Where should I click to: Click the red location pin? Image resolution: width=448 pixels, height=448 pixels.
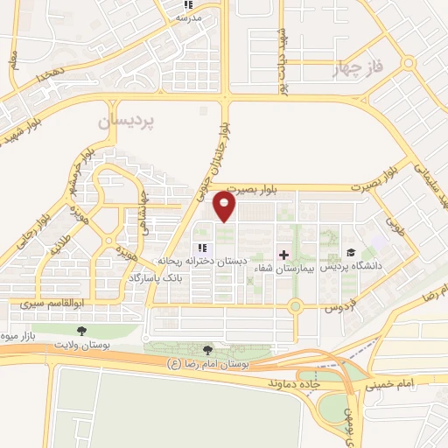coord(225,206)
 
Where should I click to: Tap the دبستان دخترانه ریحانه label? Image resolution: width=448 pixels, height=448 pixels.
coord(204,261)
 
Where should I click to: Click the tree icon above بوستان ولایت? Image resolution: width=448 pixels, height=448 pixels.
coord(81,331)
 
